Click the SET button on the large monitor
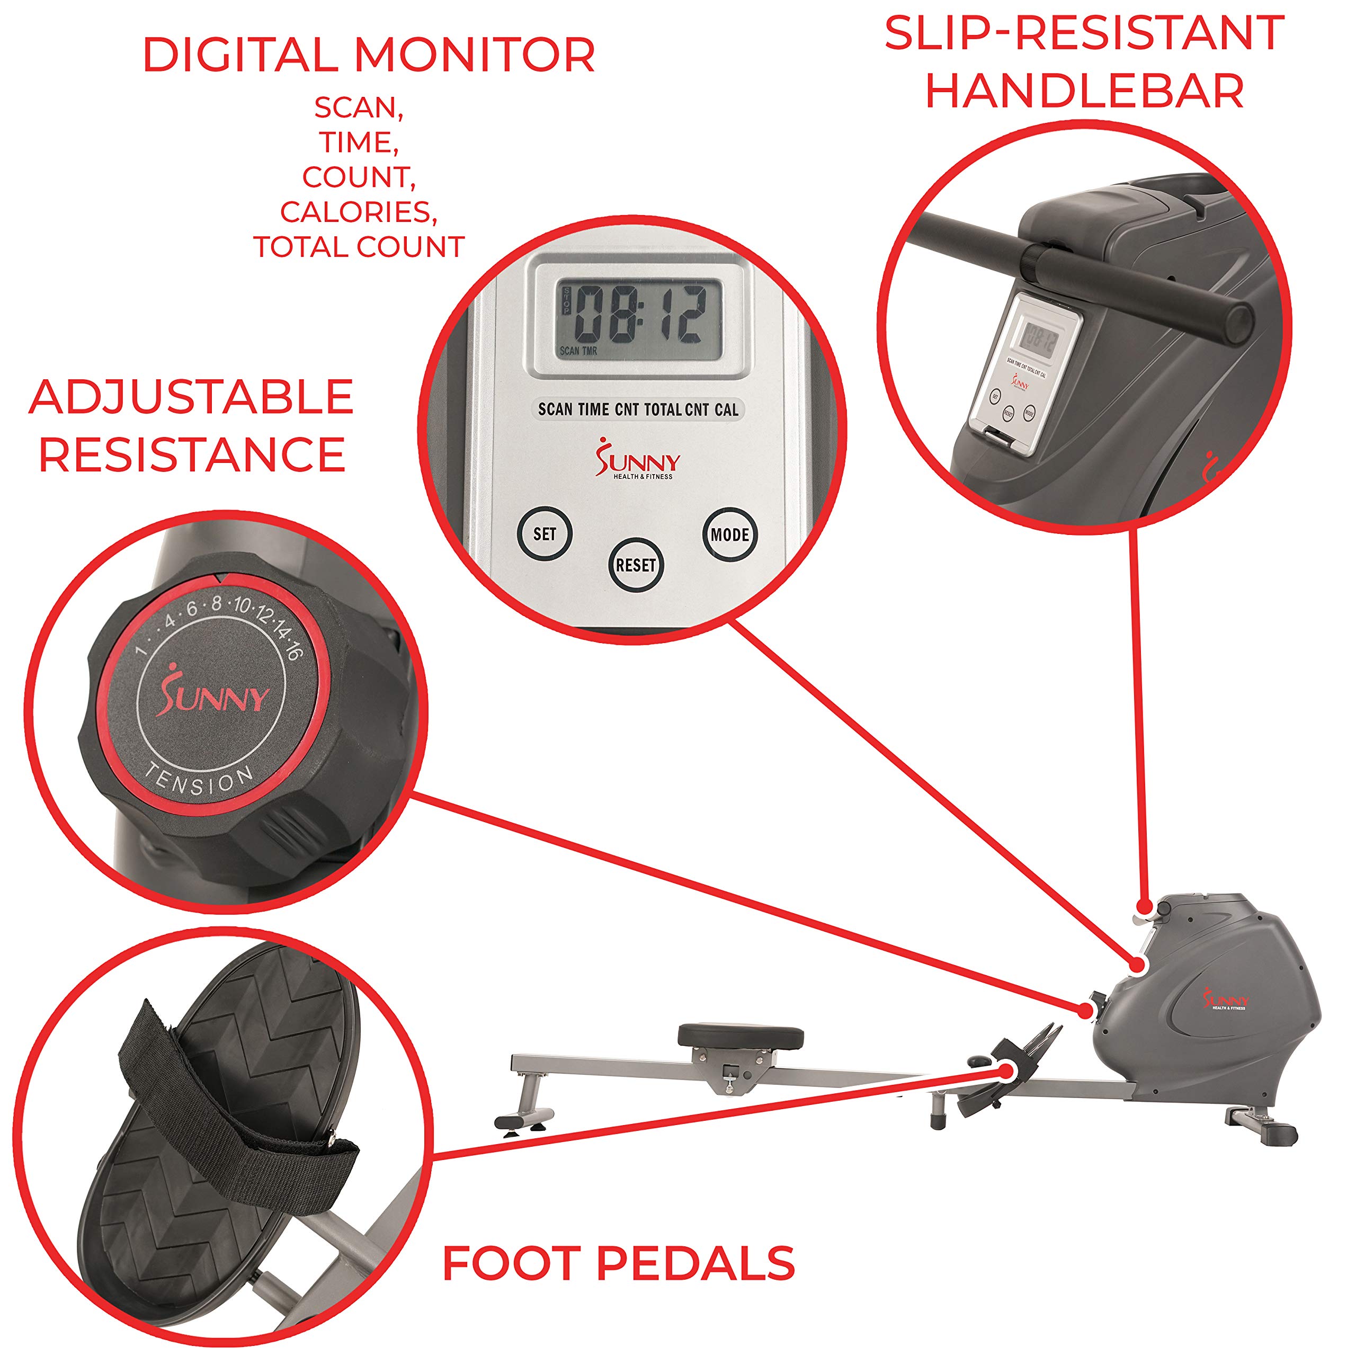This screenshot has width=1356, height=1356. pos(545,533)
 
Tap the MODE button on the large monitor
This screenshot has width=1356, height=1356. pos(729,535)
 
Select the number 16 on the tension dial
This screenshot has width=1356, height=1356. pos(293,650)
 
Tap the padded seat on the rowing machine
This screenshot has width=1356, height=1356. pos(741,1034)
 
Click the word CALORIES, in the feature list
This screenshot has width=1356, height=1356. pos(359,212)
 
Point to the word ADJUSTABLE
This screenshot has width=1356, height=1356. pos(191,397)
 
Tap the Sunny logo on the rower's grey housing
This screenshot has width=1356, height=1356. pos(1226,1000)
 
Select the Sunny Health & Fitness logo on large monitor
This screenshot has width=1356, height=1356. pos(637,459)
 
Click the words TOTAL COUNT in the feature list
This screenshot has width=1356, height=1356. pos(359,247)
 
